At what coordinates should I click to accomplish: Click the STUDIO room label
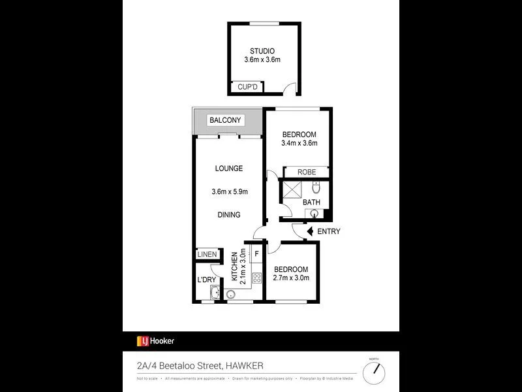[262, 51]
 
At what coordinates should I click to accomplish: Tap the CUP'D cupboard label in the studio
[248, 86]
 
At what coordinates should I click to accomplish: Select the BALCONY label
[226, 120]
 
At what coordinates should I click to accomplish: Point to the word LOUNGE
[229, 169]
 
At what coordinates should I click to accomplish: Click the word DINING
[229, 214]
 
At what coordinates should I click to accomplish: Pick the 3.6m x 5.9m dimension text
[230, 191]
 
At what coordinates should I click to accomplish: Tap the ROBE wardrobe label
[307, 172]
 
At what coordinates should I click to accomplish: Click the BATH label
[311, 202]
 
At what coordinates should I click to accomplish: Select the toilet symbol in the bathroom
[316, 188]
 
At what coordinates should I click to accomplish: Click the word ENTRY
[329, 231]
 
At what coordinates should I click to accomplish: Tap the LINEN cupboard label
[207, 254]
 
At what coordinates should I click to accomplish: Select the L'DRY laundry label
[206, 280]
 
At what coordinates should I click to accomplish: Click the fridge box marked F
[256, 253]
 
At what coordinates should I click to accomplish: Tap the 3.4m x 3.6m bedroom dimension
[299, 144]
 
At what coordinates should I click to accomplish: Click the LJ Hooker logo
[155, 340]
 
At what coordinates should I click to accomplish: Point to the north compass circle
[374, 373]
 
